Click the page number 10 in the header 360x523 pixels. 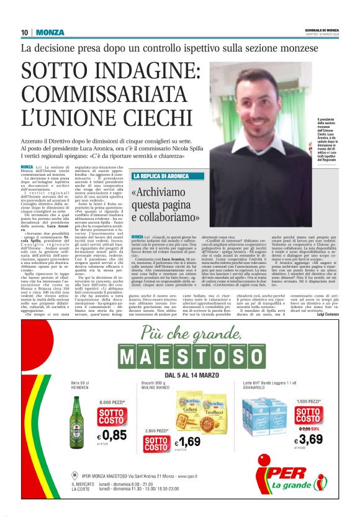pos(25,33)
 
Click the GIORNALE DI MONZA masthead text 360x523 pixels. pos(321,30)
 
